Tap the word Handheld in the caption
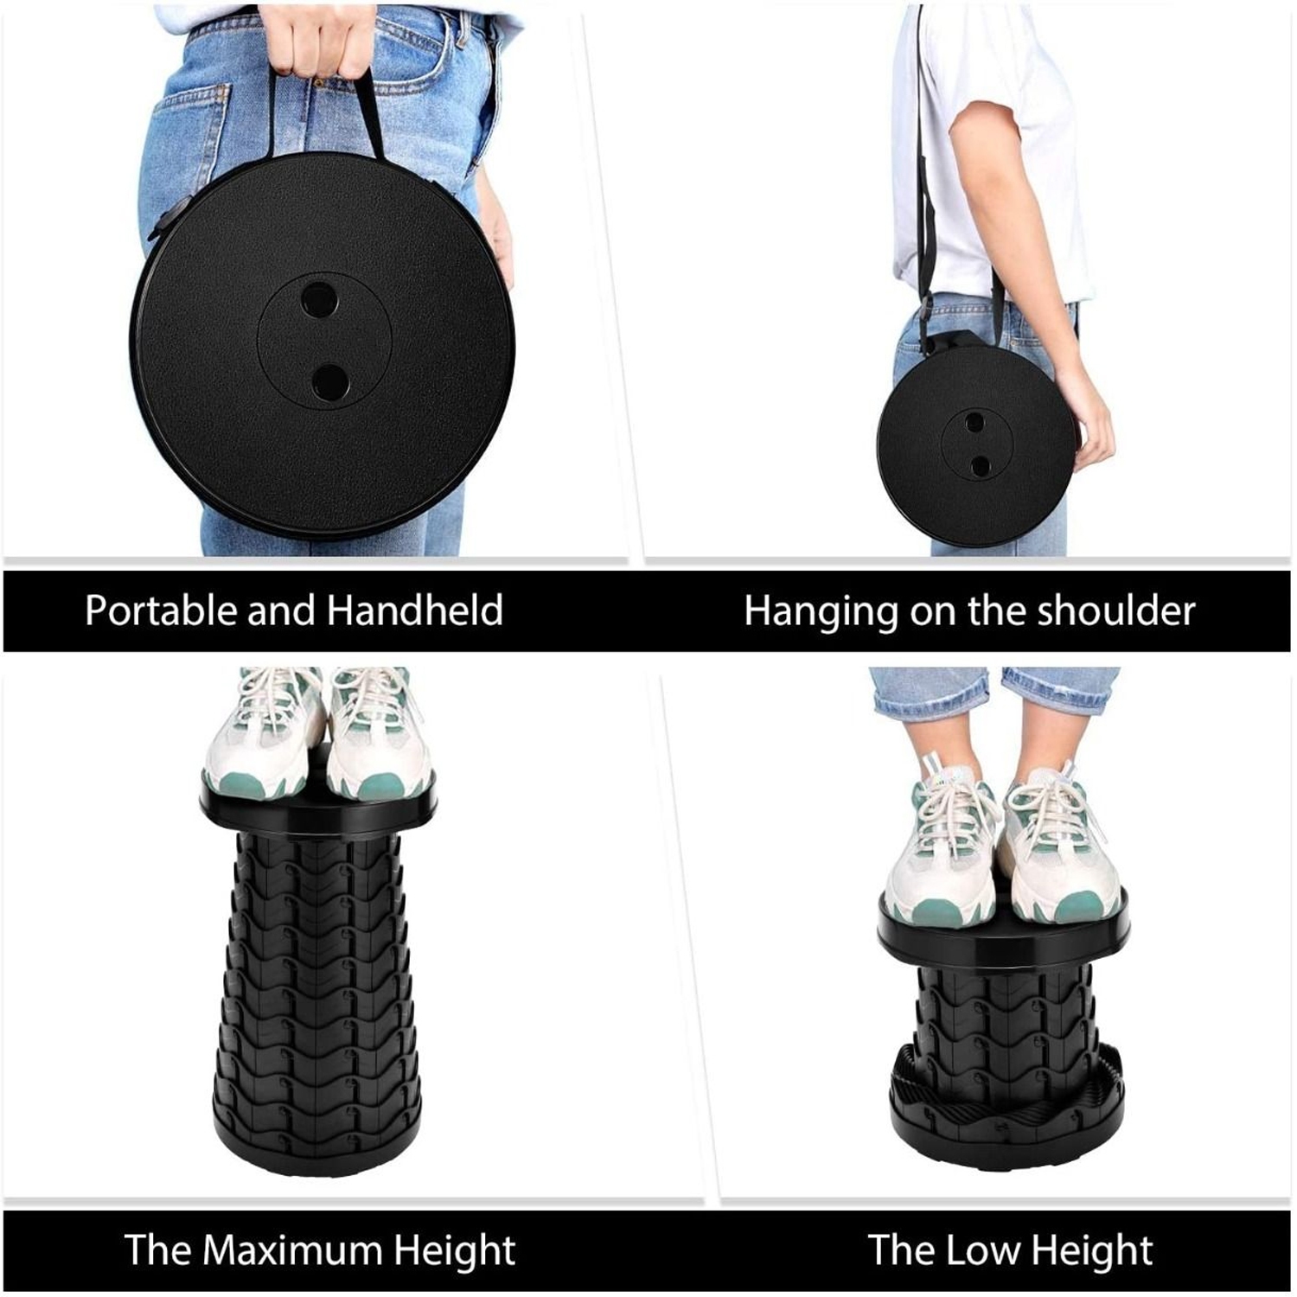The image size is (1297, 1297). (414, 610)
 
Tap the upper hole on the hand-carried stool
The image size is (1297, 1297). (319, 298)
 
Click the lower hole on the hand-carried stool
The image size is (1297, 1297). (329, 380)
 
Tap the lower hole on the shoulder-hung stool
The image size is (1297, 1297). (980, 466)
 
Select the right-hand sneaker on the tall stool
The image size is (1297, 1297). (379, 735)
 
